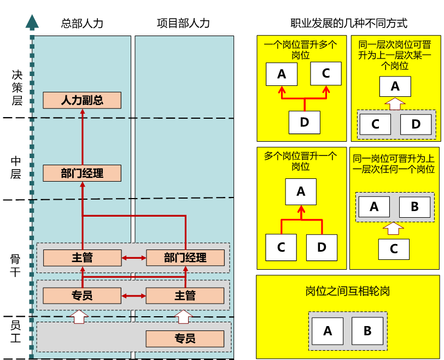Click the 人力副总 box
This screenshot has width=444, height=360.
click(x=82, y=100)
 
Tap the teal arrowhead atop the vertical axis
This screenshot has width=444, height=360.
click(x=32, y=22)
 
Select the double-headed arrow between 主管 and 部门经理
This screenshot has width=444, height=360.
click(x=133, y=258)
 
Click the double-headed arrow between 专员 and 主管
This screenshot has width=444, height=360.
click(x=133, y=296)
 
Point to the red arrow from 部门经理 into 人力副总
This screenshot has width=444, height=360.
click(x=83, y=137)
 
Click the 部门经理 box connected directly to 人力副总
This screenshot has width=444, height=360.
click(x=82, y=173)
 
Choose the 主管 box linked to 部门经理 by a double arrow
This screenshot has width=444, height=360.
click(x=82, y=258)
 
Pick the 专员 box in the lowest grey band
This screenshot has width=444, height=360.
click(x=185, y=339)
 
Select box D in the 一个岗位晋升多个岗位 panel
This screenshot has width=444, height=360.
click(x=305, y=123)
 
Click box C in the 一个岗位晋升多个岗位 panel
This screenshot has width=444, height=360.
click(x=326, y=73)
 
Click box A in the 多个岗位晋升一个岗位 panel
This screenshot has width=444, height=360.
click(x=301, y=191)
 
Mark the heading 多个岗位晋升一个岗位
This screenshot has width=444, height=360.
click(x=301, y=161)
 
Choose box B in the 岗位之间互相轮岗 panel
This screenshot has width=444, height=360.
click(x=367, y=331)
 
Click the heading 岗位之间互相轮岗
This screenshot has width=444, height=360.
click(x=348, y=291)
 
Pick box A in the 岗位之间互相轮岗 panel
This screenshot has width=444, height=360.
click(x=328, y=331)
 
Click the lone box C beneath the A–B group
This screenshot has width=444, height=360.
click(x=394, y=249)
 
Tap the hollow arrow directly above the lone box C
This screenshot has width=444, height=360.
click(x=394, y=228)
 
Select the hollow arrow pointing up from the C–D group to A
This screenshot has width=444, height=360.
click(x=395, y=103)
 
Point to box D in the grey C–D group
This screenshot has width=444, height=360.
click(x=416, y=124)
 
